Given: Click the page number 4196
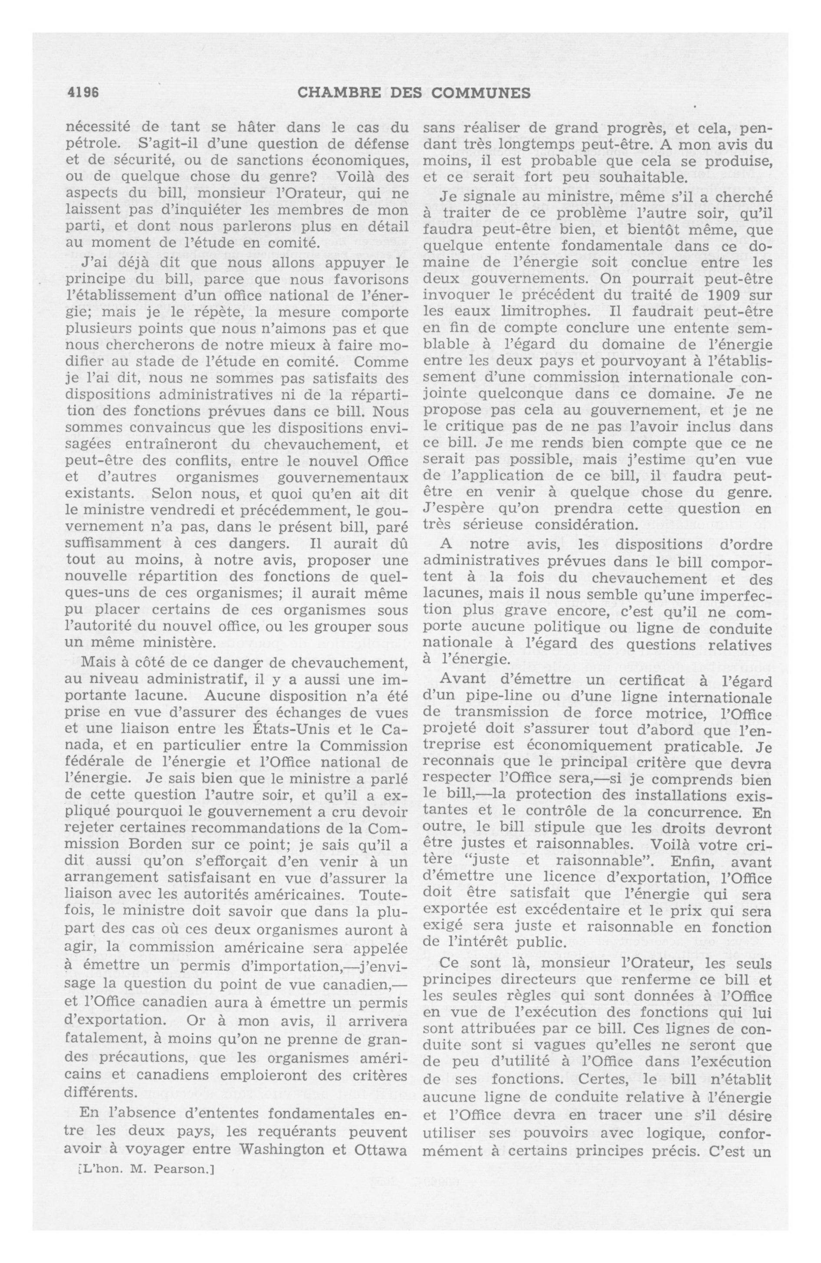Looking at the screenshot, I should [84, 93].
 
